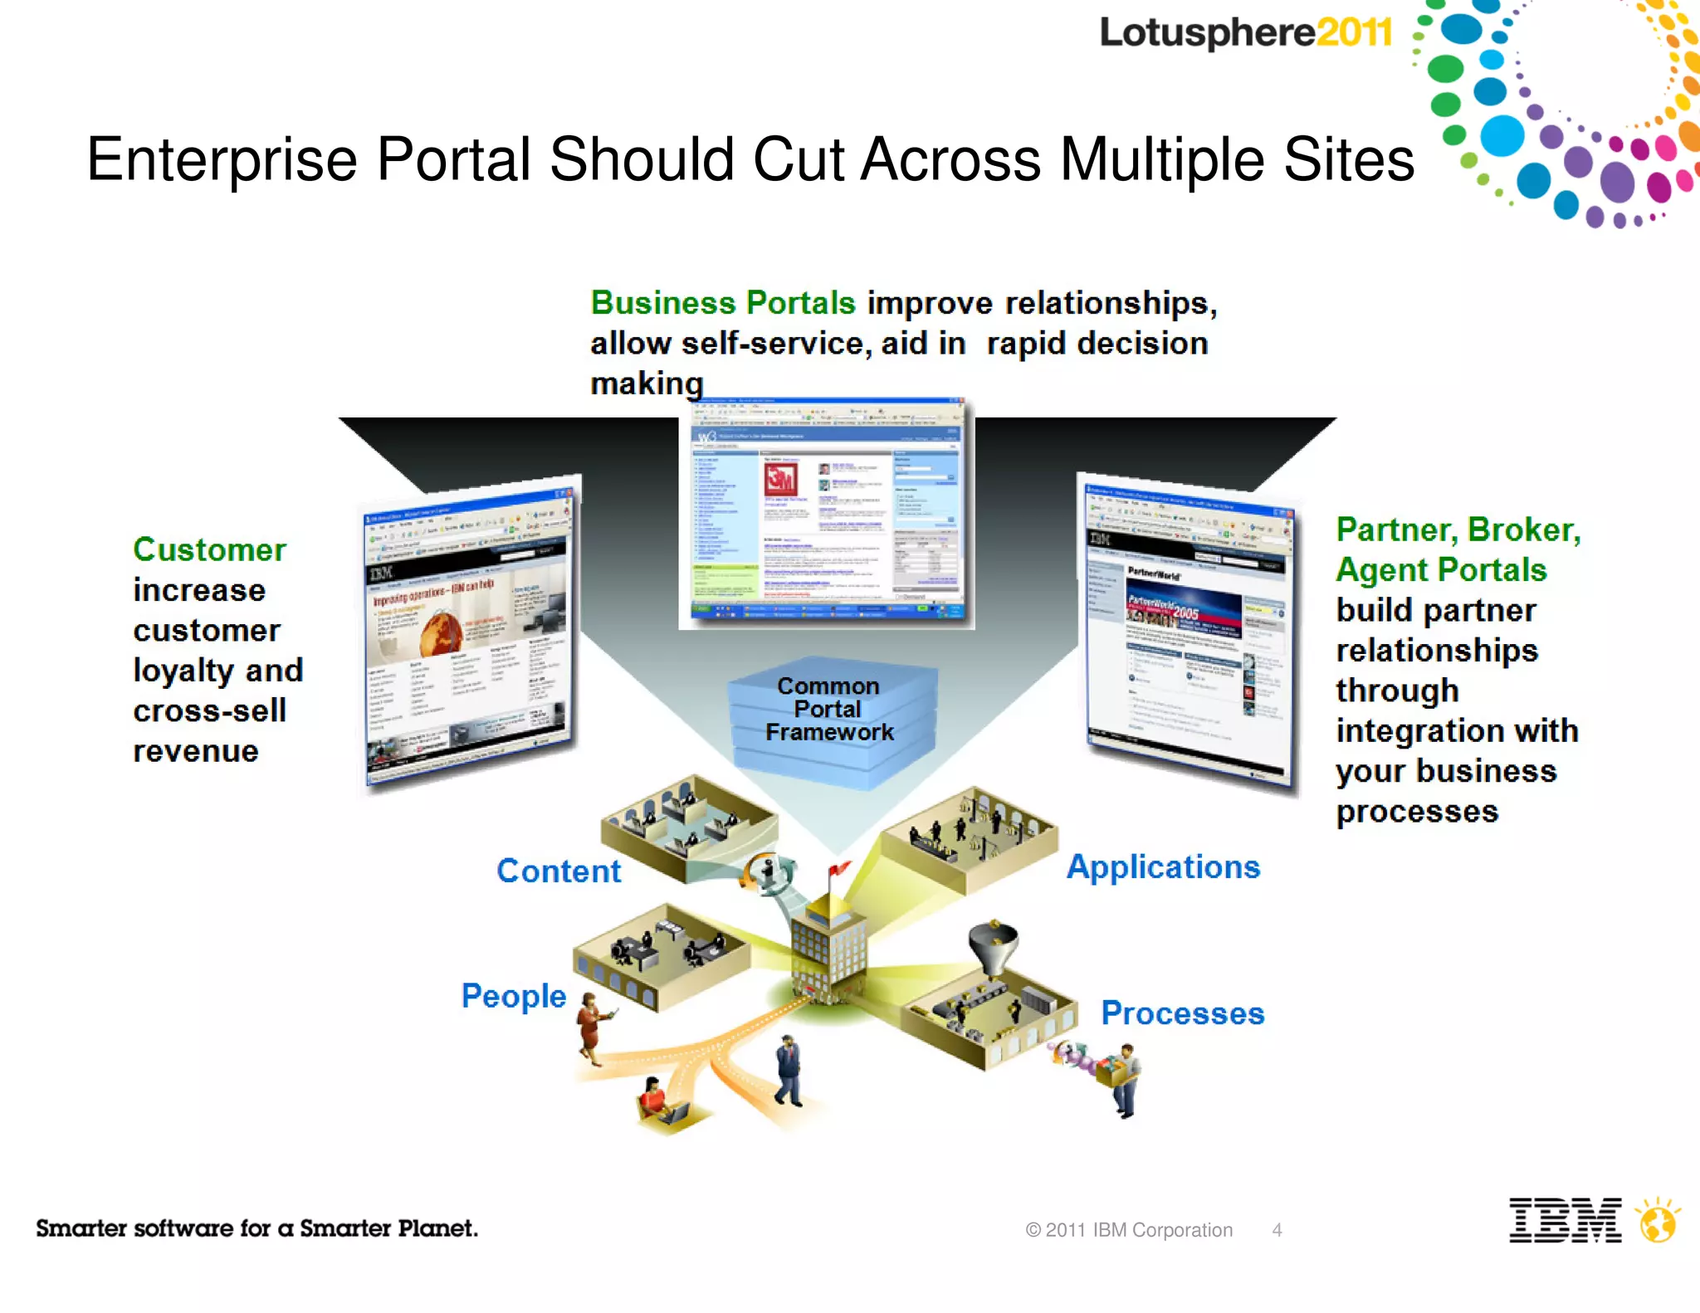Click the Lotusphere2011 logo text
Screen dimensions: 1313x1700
[1245, 33]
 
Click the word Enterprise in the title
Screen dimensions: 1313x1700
[222, 159]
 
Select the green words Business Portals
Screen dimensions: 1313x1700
[722, 303]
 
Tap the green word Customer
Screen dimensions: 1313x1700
[209, 549]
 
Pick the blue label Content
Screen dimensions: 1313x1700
[559, 871]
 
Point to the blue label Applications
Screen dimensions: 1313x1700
[1163, 866]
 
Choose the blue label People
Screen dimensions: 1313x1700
[514, 995]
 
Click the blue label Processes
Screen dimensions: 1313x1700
[1182, 1013]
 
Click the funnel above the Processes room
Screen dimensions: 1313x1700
[993, 946]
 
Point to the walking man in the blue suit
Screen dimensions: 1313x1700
[789, 1071]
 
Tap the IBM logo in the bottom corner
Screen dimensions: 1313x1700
[1565, 1220]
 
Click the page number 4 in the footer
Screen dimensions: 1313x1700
[1277, 1230]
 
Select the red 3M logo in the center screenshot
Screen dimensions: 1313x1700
[780, 480]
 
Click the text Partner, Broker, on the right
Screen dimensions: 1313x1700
[1458, 530]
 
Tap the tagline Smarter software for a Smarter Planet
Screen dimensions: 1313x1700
[256, 1228]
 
